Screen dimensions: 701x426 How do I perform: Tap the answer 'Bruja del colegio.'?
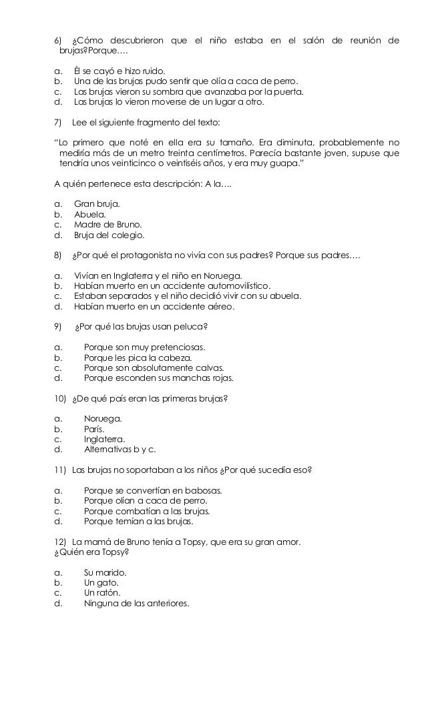click(x=109, y=235)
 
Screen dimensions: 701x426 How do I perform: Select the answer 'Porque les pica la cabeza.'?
click(x=138, y=358)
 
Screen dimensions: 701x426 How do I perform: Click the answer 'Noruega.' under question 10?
click(x=103, y=419)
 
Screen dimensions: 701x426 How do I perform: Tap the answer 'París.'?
click(x=95, y=430)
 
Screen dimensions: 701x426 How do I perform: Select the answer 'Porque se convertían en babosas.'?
click(x=153, y=491)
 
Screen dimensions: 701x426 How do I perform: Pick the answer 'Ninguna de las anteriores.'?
click(x=136, y=604)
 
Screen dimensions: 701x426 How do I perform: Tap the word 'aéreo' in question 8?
click(x=221, y=307)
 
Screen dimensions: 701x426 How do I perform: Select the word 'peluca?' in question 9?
click(x=191, y=327)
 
